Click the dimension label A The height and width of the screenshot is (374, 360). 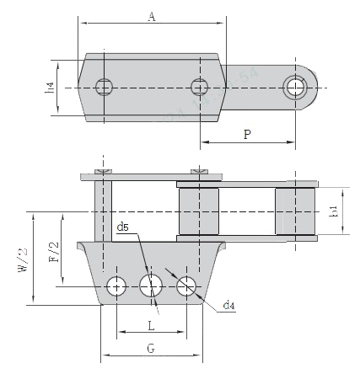pos(151,16)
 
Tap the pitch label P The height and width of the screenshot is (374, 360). pos(246,133)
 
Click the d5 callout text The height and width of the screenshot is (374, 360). pos(123,226)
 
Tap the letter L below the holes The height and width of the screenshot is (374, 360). pos(151,323)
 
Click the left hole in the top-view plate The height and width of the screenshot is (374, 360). pos(104,86)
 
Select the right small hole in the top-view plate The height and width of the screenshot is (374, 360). pos(199,86)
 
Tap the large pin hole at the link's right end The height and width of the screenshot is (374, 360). pos(295,86)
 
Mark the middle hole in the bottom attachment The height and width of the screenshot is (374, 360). pos(151,287)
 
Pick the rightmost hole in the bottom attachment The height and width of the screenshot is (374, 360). pos(186,287)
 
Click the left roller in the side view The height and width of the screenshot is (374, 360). pos(200,211)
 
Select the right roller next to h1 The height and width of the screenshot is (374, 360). pos(295,211)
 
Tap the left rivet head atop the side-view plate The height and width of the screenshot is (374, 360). pos(103,173)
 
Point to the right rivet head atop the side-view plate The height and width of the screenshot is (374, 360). pos(199,173)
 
